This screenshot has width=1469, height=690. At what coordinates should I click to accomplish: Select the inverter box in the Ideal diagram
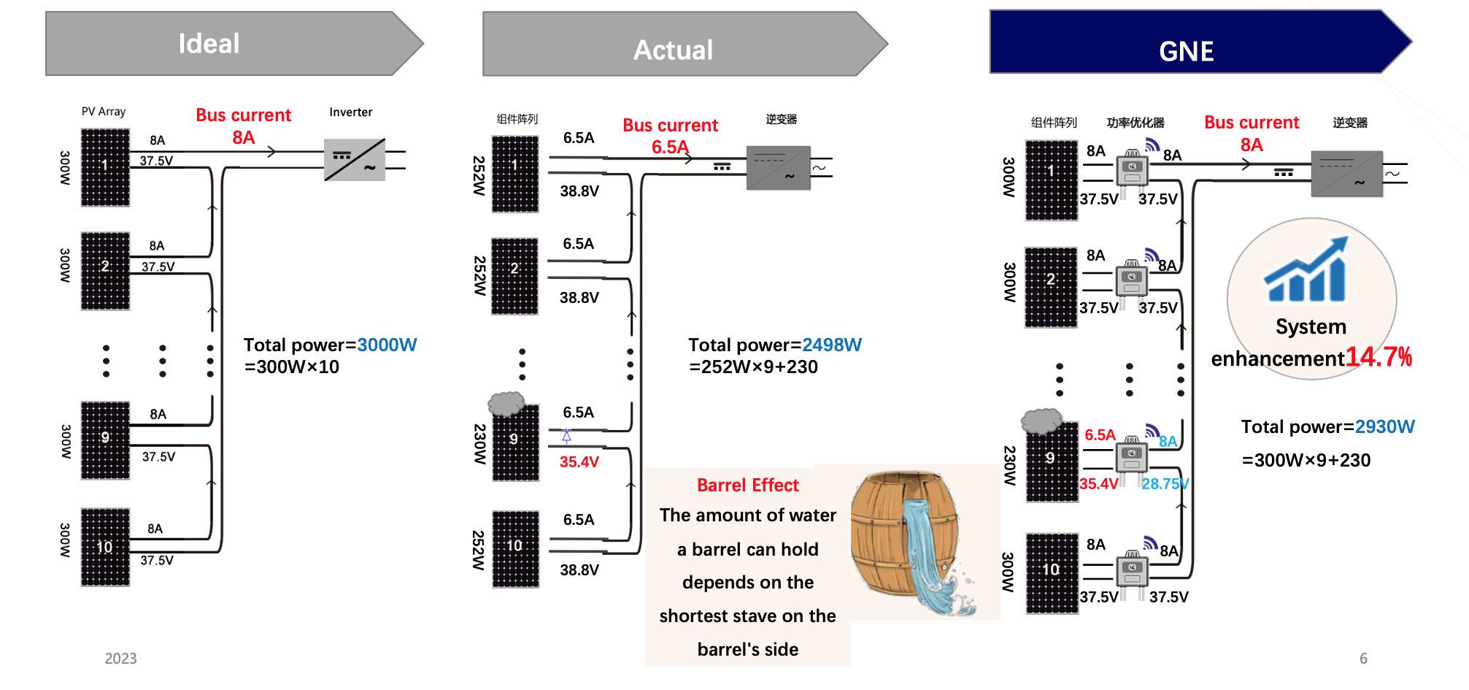point(355,160)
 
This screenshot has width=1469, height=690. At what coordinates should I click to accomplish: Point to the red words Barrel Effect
point(747,486)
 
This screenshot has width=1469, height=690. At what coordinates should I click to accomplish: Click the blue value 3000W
point(387,345)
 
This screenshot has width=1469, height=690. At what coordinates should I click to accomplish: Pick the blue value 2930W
point(1384,427)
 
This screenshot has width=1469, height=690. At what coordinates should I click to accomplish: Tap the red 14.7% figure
point(1379,357)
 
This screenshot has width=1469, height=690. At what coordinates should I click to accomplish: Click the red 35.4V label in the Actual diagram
point(579,462)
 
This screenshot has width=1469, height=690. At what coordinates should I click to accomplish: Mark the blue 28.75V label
point(1165,484)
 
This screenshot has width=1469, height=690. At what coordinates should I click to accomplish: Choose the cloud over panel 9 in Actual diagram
point(506,402)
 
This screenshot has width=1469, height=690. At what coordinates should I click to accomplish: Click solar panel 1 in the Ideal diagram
point(105,167)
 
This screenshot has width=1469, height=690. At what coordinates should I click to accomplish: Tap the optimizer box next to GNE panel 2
point(1131,279)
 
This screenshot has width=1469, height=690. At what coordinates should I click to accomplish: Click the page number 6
point(1363,659)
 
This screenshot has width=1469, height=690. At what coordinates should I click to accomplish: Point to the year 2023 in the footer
point(120,659)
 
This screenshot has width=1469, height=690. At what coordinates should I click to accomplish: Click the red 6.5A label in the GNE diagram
point(1100,435)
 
